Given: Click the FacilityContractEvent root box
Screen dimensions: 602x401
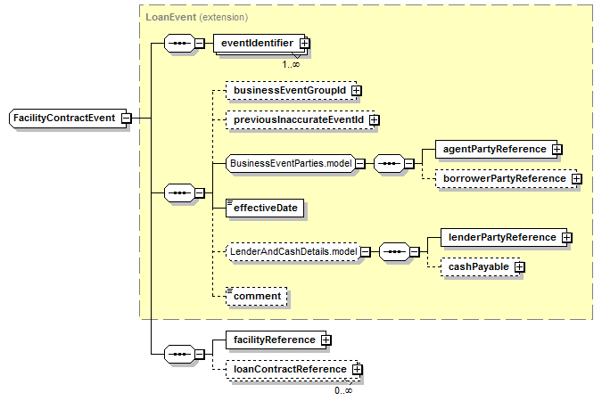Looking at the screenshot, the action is (x=68, y=119).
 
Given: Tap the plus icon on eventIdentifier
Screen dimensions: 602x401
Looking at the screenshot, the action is (x=304, y=44).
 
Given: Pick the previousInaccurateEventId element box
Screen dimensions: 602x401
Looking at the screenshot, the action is (x=301, y=120).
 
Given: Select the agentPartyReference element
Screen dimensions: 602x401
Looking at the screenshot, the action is (x=497, y=150).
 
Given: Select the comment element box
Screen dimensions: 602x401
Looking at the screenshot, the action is (x=257, y=296).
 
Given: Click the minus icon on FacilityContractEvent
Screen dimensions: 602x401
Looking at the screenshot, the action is (x=126, y=119).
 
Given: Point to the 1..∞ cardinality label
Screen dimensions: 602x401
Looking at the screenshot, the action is (x=291, y=64).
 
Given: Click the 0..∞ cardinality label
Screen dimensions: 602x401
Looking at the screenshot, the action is (x=343, y=390).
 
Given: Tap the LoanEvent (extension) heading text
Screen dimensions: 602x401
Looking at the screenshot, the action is (x=197, y=17).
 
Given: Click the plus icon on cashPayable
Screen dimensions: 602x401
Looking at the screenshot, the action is (x=519, y=267).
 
